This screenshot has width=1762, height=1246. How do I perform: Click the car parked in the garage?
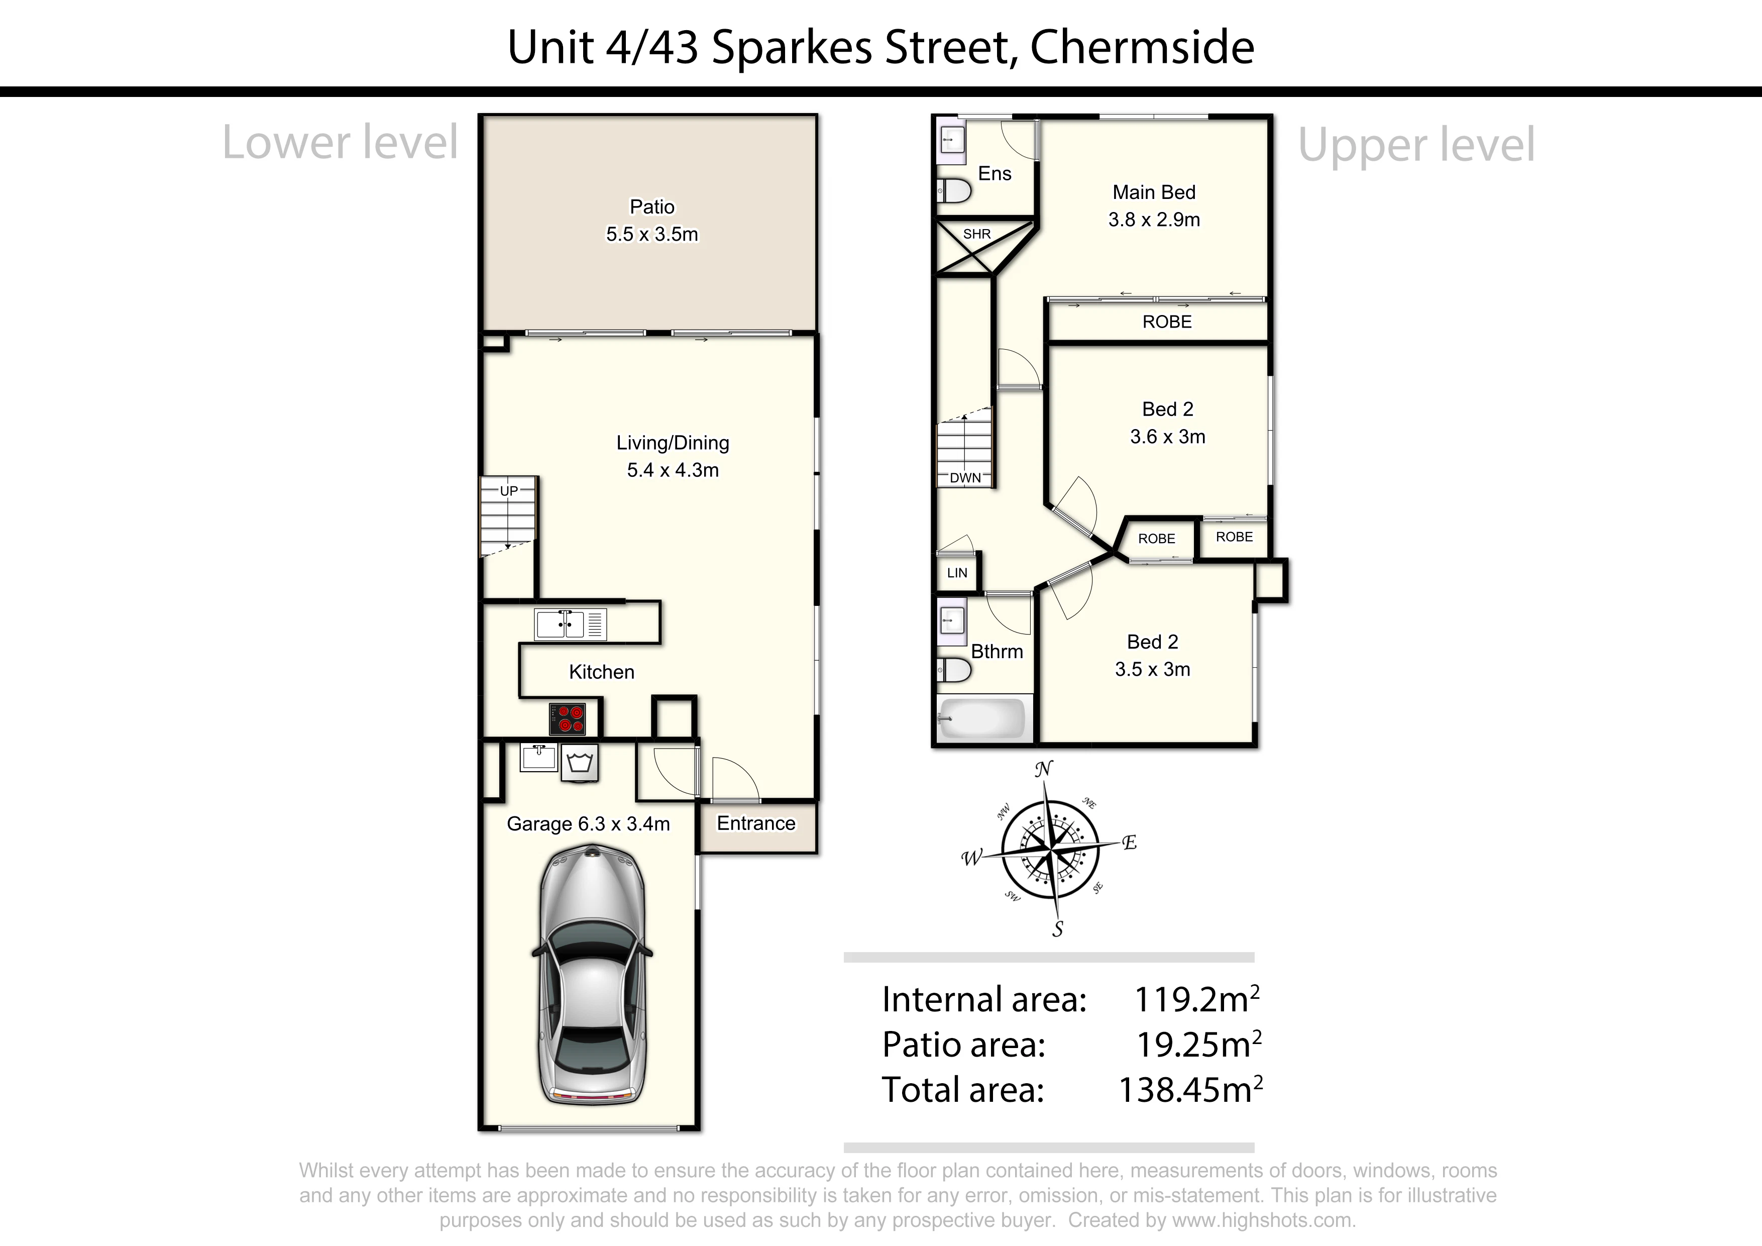point(592,975)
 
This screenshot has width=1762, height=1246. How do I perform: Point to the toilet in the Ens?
point(953,189)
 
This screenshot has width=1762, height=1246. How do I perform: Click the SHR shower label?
point(977,234)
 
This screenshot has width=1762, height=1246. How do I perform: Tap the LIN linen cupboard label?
point(957,573)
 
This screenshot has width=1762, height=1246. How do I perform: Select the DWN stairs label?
point(965,477)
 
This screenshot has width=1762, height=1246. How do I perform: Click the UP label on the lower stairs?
point(509,490)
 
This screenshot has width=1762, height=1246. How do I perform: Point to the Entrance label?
point(756,823)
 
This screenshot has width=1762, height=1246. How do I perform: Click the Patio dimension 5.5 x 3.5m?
point(652,234)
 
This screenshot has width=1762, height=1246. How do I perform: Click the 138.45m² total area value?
point(1191,1089)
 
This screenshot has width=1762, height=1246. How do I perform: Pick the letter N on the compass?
point(1044,769)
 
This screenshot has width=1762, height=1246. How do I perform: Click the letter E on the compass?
point(1130,843)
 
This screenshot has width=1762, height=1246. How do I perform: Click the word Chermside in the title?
point(1142,48)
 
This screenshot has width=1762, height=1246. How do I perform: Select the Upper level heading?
point(1416,145)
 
